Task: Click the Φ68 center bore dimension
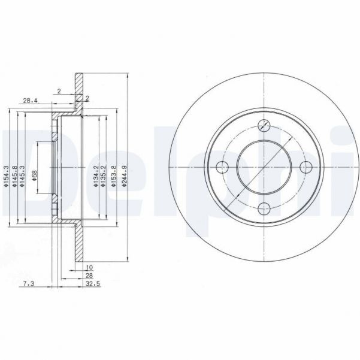pyautogui.click(x=35, y=174)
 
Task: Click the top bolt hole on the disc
pyautogui.click(x=264, y=125)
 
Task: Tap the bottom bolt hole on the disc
pyautogui.click(x=264, y=208)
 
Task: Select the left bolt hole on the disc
pyautogui.click(x=222, y=167)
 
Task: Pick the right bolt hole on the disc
pyautogui.click(x=305, y=167)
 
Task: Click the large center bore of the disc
pyautogui.click(x=264, y=167)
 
